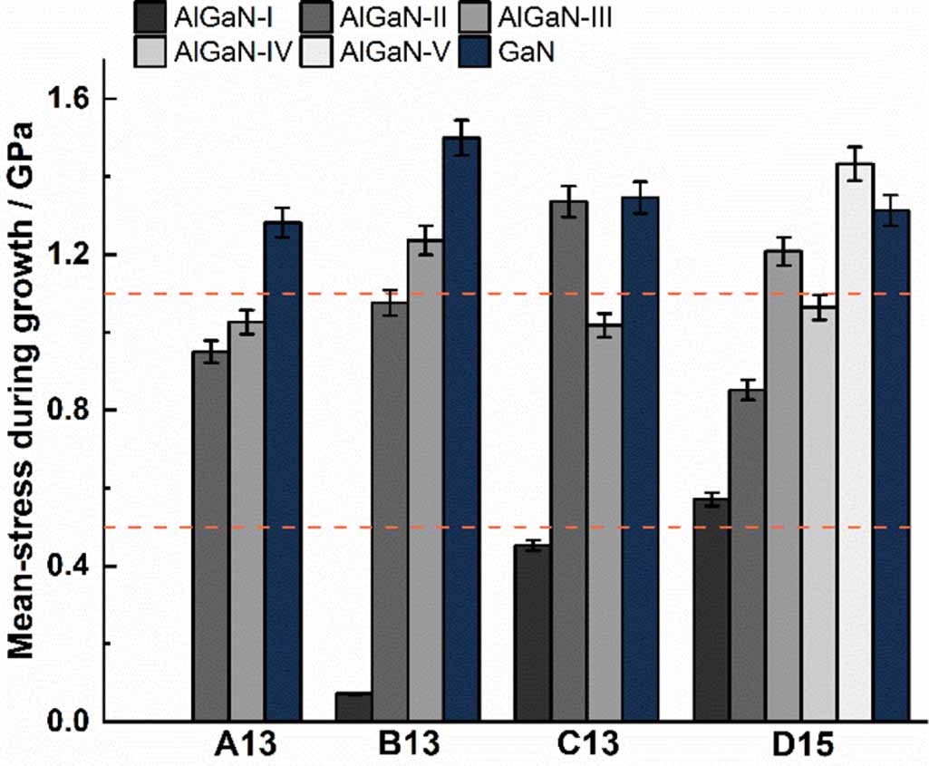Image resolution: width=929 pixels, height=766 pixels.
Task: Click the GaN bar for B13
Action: [x=461, y=430]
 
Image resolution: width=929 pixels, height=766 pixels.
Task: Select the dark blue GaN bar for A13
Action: [x=282, y=471]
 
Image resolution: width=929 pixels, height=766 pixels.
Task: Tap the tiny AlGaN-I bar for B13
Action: [x=353, y=707]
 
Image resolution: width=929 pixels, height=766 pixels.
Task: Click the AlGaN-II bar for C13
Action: [x=568, y=461]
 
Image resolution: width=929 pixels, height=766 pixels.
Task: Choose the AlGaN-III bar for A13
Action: [x=246, y=521]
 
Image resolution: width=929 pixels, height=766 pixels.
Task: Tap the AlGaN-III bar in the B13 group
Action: [x=425, y=480]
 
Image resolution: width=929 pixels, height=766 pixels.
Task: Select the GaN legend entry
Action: [x=527, y=53]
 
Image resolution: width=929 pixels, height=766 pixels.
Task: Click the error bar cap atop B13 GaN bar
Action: [x=461, y=120]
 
